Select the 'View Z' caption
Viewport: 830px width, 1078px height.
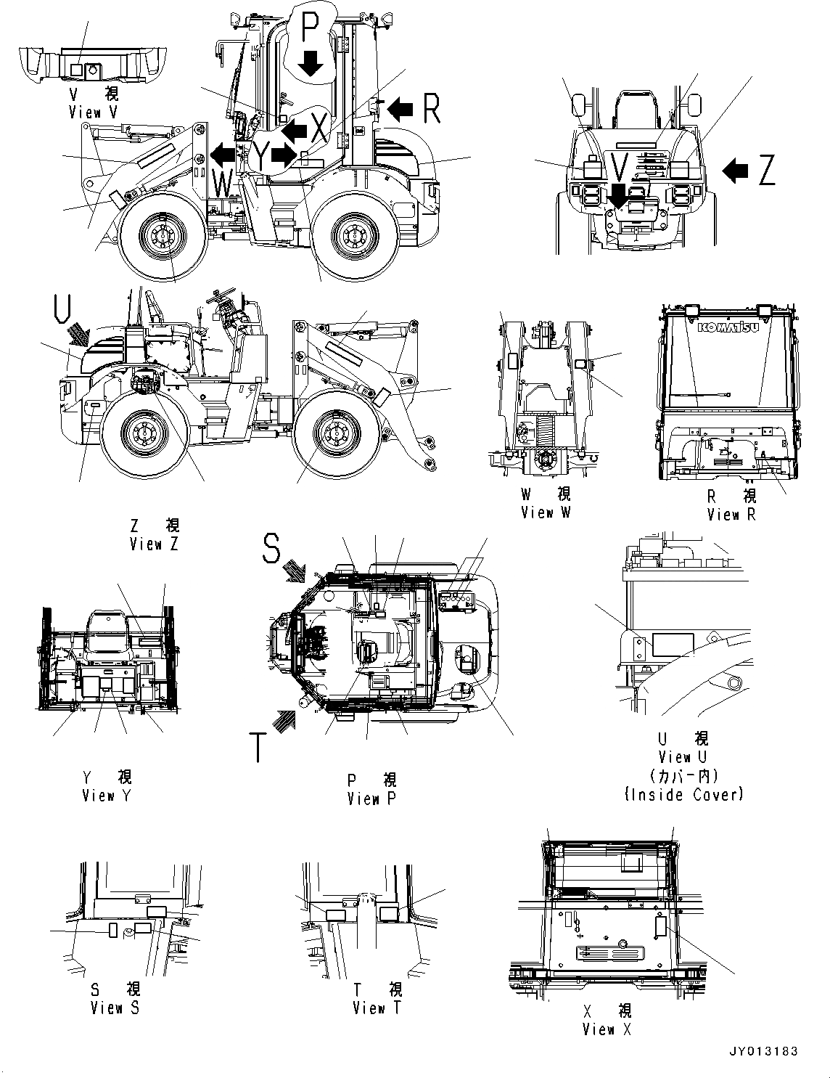click(x=154, y=544)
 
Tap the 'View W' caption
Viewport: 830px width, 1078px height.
click(x=546, y=513)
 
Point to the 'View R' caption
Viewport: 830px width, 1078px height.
click(x=732, y=515)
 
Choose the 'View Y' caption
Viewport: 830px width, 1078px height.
click(x=108, y=796)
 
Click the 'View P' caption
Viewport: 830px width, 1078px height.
click(x=372, y=799)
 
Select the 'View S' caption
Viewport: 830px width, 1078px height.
click(x=115, y=1008)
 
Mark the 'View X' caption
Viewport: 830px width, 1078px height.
click(x=607, y=1029)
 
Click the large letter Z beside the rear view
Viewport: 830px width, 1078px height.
click(x=766, y=171)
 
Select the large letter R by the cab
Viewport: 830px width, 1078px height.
click(x=430, y=109)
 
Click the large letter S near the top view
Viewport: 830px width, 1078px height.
click(x=271, y=550)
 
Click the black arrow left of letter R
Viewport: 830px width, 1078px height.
click(x=400, y=110)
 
